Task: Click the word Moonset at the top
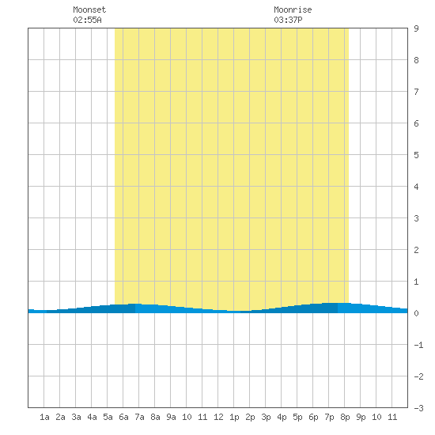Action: click(x=89, y=9)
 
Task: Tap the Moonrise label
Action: click(x=293, y=9)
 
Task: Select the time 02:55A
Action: click(x=87, y=20)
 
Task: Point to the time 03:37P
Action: click(x=288, y=20)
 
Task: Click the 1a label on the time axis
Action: click(x=44, y=417)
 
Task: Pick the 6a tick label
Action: click(x=123, y=417)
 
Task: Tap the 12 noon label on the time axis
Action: click(x=218, y=417)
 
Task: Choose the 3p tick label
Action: click(x=266, y=417)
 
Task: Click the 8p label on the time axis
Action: click(x=345, y=417)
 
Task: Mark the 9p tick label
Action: click(x=361, y=417)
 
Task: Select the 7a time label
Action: click(x=139, y=417)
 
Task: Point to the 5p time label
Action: click(x=297, y=417)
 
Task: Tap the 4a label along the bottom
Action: click(x=92, y=417)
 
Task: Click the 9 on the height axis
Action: click(x=416, y=28)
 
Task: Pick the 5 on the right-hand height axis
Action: click(x=416, y=155)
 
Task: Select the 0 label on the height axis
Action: click(x=416, y=313)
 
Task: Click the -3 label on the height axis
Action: click(x=418, y=408)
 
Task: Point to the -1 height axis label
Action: click(x=418, y=345)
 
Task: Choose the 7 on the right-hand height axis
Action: click(x=416, y=92)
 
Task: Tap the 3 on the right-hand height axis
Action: click(x=416, y=218)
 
